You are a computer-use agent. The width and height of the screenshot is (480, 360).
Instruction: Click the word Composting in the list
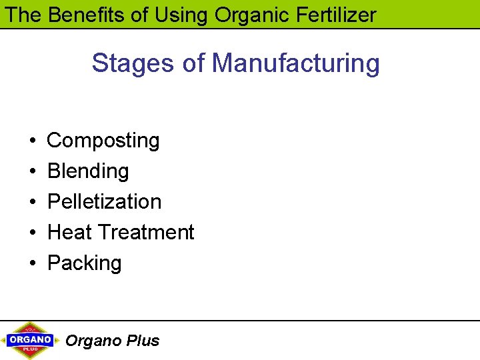click(103, 141)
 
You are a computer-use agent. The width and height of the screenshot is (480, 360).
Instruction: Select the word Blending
click(88, 171)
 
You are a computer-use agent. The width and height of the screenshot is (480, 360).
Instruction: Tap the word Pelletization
click(105, 201)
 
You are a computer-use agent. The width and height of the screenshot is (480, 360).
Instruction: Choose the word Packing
click(85, 263)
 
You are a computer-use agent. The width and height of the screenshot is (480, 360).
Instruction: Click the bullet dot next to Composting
click(33, 141)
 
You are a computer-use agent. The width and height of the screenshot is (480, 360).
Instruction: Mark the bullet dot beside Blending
click(33, 172)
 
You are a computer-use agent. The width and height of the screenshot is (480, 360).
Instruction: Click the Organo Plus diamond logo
click(31, 340)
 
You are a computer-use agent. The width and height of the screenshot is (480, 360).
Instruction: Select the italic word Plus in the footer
click(143, 341)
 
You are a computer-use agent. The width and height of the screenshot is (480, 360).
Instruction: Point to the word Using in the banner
click(180, 14)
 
